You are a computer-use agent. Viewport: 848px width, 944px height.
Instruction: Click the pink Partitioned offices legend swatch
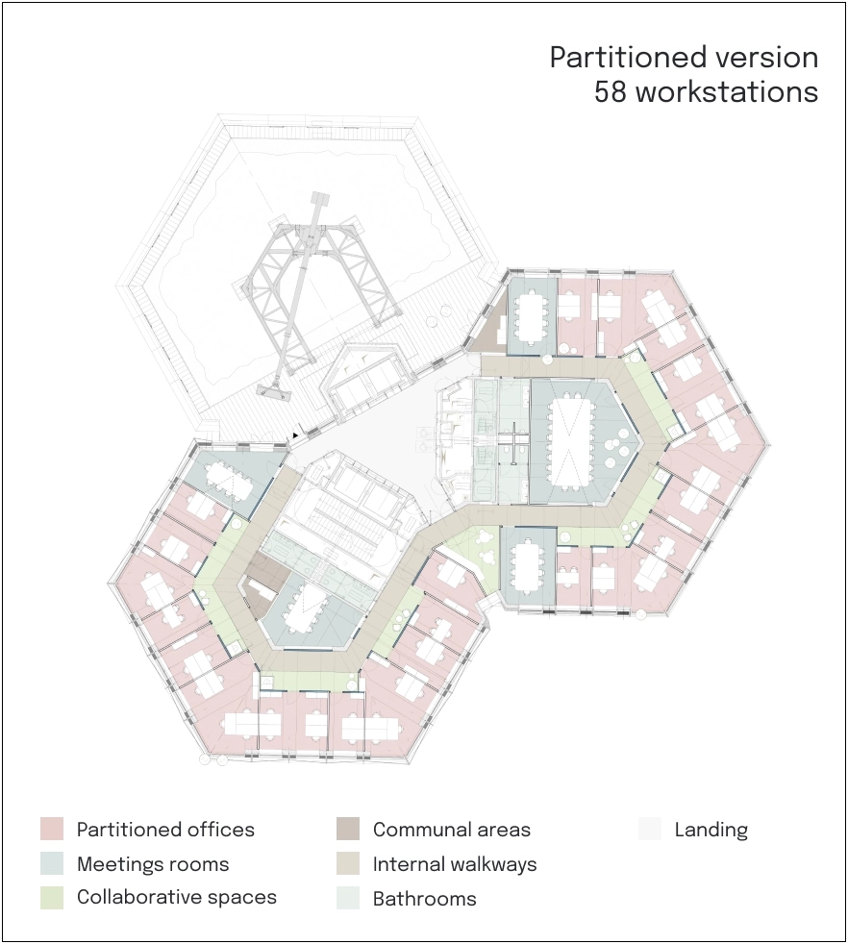pyautogui.click(x=52, y=829)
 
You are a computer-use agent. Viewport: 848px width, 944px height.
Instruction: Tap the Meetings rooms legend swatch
pyautogui.click(x=52, y=863)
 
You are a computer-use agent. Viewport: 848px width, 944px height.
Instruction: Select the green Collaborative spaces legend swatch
pyautogui.click(x=52, y=898)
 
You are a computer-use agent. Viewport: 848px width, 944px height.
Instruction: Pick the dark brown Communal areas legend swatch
pyautogui.click(x=348, y=829)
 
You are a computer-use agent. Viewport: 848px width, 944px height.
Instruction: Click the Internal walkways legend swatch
pyautogui.click(x=348, y=863)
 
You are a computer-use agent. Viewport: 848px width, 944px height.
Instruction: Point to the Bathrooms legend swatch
pyautogui.click(x=348, y=898)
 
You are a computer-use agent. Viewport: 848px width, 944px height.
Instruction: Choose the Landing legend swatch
pyautogui.click(x=650, y=829)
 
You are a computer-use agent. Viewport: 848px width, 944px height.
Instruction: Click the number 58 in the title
pyautogui.click(x=611, y=92)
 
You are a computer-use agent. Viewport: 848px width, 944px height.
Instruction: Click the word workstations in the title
pyautogui.click(x=727, y=92)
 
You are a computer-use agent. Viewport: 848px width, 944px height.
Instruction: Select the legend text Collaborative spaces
pyautogui.click(x=177, y=897)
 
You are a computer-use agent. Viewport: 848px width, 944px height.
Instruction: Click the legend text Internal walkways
pyautogui.click(x=455, y=864)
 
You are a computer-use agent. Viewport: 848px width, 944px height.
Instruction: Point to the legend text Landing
pyautogui.click(x=711, y=831)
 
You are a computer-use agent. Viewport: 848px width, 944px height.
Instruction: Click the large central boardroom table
pyautogui.click(x=568, y=440)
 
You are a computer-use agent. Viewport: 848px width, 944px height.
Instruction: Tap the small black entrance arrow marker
pyautogui.click(x=295, y=435)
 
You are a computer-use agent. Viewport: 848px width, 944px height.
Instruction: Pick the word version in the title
pyautogui.click(x=766, y=58)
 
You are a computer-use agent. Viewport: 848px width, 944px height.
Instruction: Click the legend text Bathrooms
pyautogui.click(x=425, y=898)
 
